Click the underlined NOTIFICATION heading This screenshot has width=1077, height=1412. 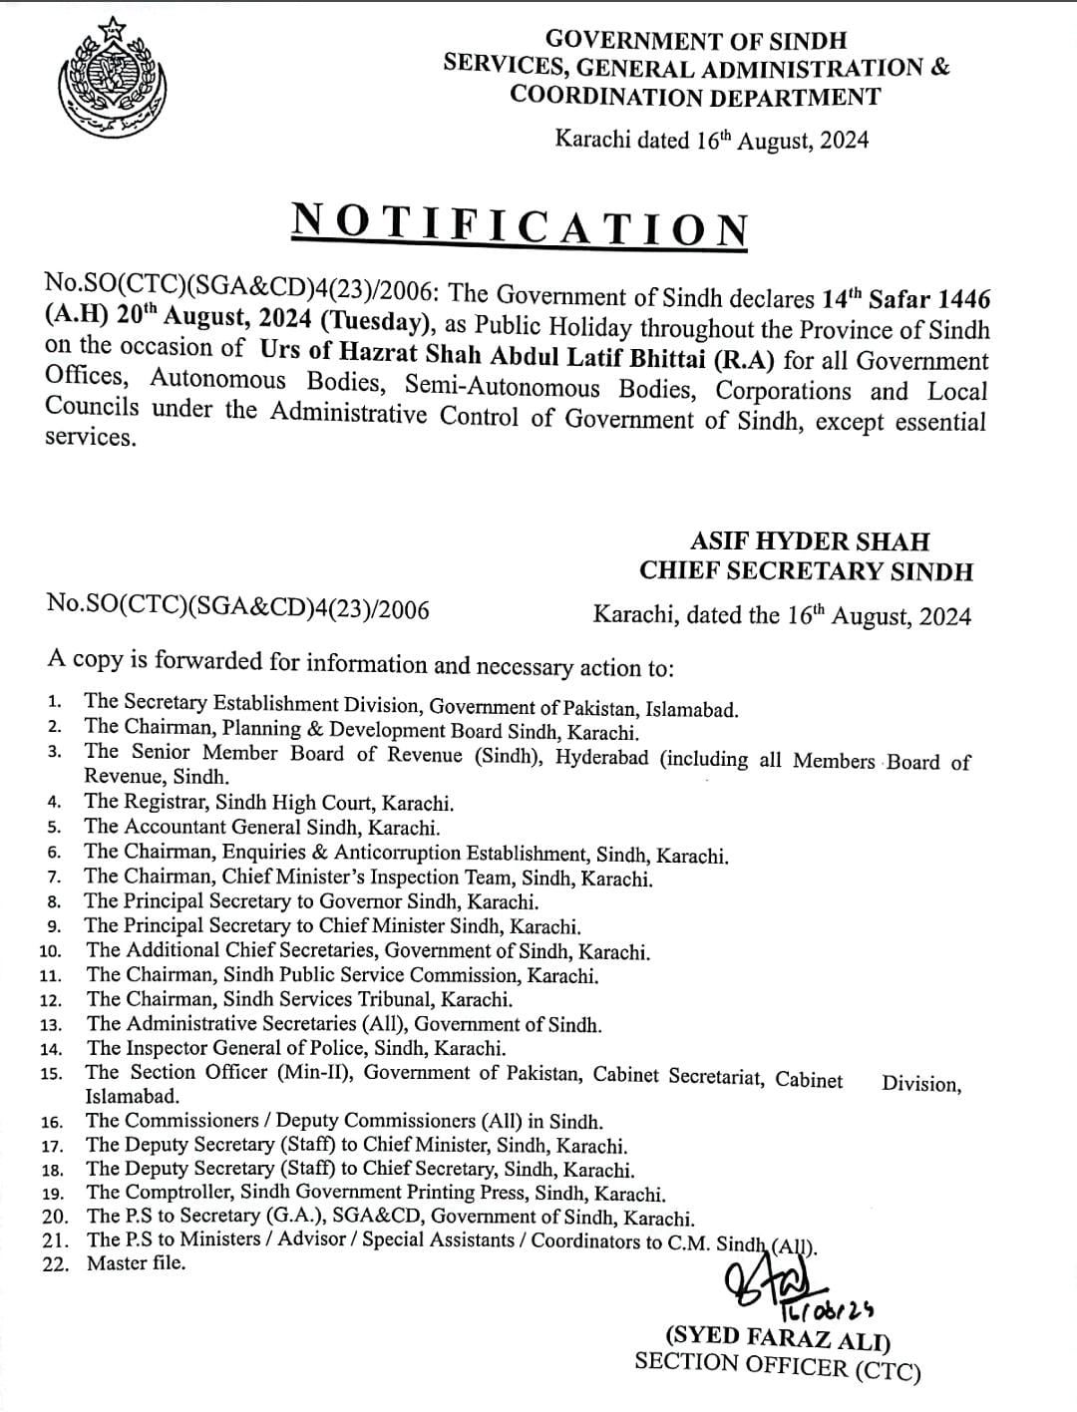[x=520, y=224]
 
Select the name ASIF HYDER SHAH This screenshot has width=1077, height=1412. [x=809, y=541]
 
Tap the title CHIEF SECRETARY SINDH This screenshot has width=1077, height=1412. [x=806, y=571]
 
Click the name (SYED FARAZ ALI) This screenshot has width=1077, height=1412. [x=778, y=1340]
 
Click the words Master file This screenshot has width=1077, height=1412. [x=136, y=1263]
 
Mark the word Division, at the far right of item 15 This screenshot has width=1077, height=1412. [x=921, y=1084]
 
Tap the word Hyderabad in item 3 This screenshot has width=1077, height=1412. [x=602, y=757]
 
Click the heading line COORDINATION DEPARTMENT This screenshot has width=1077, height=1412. [x=695, y=97]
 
